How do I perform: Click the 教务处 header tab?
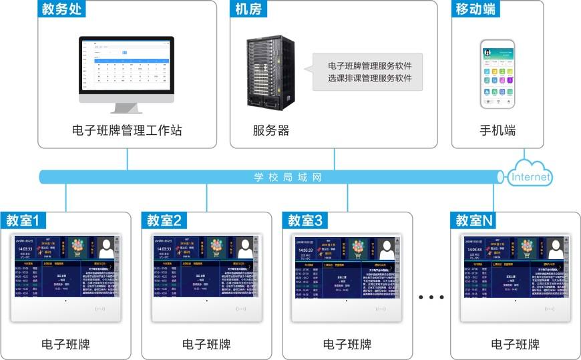pos(61,9)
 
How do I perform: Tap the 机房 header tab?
pos(248,9)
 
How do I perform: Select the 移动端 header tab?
pos(475,9)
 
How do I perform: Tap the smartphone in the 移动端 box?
pos(498,73)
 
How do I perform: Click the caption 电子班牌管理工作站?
pos(127,130)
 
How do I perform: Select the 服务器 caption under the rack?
pos(271,130)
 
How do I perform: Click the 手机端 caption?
pos(498,130)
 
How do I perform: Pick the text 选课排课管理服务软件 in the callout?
pos(369,79)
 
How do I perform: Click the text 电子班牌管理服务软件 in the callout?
pos(369,66)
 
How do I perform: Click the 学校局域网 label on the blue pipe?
pos(288,177)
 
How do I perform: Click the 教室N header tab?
pos(475,220)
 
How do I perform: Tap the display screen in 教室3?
pos(347,266)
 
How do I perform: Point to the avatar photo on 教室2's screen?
pos(246,249)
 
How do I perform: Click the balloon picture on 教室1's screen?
pos(78,248)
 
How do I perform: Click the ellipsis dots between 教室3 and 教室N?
pos(431,297)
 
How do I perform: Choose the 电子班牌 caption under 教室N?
pos(515,345)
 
